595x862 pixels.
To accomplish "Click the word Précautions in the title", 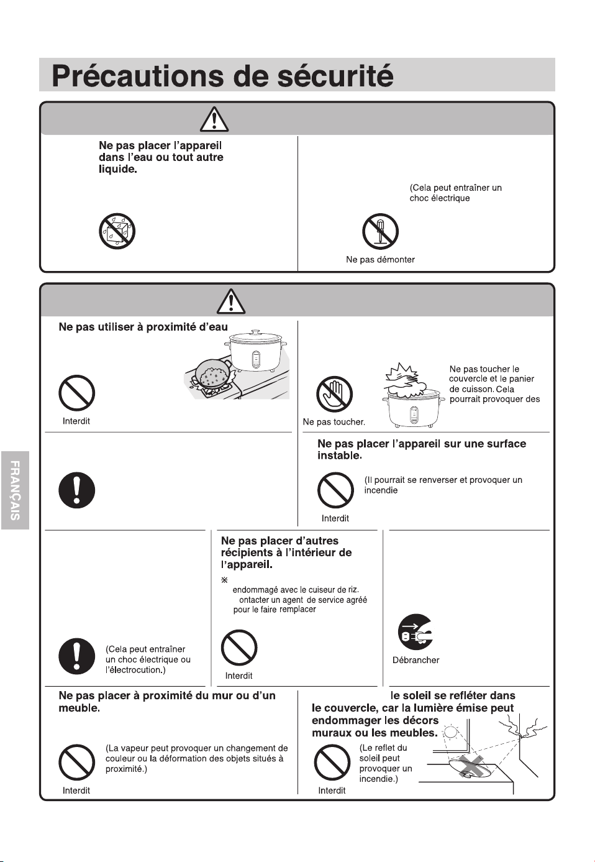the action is pyautogui.click(x=137, y=76).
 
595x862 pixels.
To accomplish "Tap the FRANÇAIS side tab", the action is pyautogui.click(x=15, y=490).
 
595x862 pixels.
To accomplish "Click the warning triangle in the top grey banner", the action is pyautogui.click(x=214, y=119).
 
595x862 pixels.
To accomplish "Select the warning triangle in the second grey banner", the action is pyautogui.click(x=231, y=301).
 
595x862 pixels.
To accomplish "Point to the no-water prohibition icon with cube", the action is pyautogui.click(x=117, y=231).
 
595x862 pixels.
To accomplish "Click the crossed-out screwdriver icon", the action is pyautogui.click(x=380, y=231).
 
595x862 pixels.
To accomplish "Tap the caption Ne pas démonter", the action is pyautogui.click(x=380, y=259).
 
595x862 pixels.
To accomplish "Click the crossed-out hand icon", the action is pyautogui.click(x=334, y=394).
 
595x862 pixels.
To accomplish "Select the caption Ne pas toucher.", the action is pyautogui.click(x=334, y=422).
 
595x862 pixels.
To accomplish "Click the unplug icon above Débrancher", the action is pyautogui.click(x=416, y=632).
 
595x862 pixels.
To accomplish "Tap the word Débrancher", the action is pyautogui.click(x=416, y=660).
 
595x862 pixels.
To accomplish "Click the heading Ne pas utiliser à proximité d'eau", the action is pyautogui.click(x=143, y=327).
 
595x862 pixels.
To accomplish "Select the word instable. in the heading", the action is pyautogui.click(x=340, y=456).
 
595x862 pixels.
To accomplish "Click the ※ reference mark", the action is pyautogui.click(x=225, y=580).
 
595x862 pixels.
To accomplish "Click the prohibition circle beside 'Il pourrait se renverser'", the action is pyautogui.click(x=335, y=490).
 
